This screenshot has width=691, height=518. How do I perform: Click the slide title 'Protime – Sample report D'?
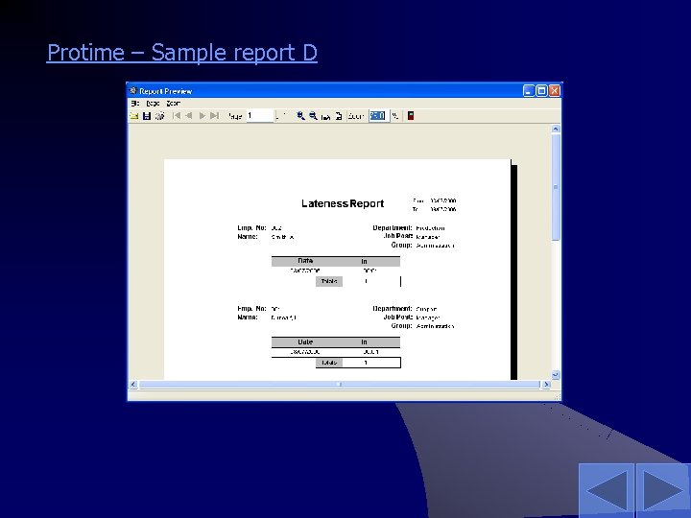181,53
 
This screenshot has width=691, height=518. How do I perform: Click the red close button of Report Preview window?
554,91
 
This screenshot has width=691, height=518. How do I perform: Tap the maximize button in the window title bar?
541,91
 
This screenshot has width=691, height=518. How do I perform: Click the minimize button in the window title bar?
529,91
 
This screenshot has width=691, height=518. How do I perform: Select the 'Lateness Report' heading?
343,203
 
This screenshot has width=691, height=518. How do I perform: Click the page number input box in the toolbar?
259,115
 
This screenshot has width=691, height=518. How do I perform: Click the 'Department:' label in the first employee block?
393,227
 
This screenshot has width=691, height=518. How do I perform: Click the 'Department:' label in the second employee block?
393,309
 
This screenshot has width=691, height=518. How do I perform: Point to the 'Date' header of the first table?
305,261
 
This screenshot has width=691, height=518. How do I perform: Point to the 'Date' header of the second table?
305,341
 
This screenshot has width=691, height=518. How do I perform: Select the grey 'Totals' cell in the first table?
329,281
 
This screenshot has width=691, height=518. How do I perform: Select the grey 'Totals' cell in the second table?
329,363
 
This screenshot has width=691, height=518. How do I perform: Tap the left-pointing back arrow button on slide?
606,489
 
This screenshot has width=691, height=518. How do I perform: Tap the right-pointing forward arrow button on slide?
662,489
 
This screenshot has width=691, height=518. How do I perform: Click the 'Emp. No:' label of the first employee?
252,227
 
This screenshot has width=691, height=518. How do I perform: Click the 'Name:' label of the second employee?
248,317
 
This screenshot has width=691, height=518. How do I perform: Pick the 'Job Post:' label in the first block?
397,236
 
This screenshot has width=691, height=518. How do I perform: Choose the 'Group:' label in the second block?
401,325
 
